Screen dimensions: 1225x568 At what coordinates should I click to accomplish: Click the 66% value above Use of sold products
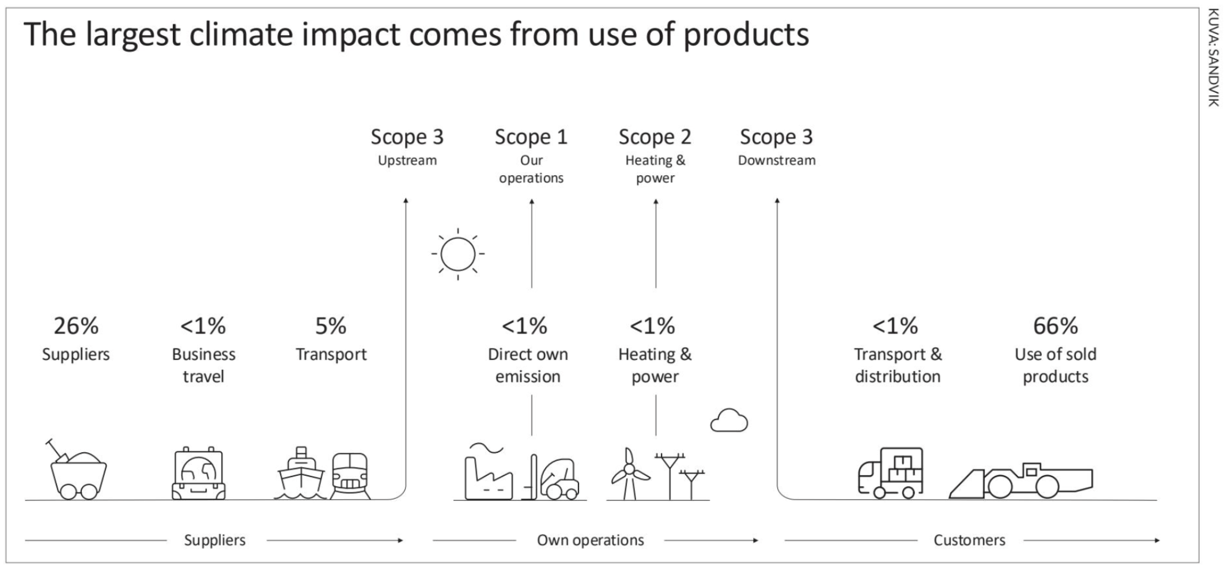(x=1055, y=326)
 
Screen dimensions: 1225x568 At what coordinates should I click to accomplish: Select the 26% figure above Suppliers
(x=76, y=326)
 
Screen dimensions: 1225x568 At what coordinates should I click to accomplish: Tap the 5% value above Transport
(x=331, y=326)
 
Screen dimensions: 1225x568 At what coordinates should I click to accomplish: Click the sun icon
(x=458, y=254)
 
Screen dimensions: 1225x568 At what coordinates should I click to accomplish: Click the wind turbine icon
(x=629, y=474)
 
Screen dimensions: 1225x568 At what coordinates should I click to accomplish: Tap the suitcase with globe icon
(x=199, y=473)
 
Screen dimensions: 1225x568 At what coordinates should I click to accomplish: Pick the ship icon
(x=301, y=473)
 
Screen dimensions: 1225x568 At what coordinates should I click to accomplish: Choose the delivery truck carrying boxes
(x=890, y=473)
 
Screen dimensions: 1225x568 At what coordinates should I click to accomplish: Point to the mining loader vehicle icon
(x=1020, y=480)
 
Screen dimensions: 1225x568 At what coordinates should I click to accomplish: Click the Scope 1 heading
(x=531, y=137)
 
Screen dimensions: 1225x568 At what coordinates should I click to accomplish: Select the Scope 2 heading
(x=655, y=137)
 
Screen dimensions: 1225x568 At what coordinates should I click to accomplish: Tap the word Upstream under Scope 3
(x=407, y=161)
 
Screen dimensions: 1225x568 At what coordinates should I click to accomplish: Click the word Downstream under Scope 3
(x=777, y=160)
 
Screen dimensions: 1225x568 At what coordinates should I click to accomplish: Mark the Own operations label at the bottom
(x=591, y=540)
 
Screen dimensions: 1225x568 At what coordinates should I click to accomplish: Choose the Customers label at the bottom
(x=970, y=540)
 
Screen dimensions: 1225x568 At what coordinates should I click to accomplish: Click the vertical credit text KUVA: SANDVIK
(x=1213, y=58)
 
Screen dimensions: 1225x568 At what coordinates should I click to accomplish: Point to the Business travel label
(x=203, y=365)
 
